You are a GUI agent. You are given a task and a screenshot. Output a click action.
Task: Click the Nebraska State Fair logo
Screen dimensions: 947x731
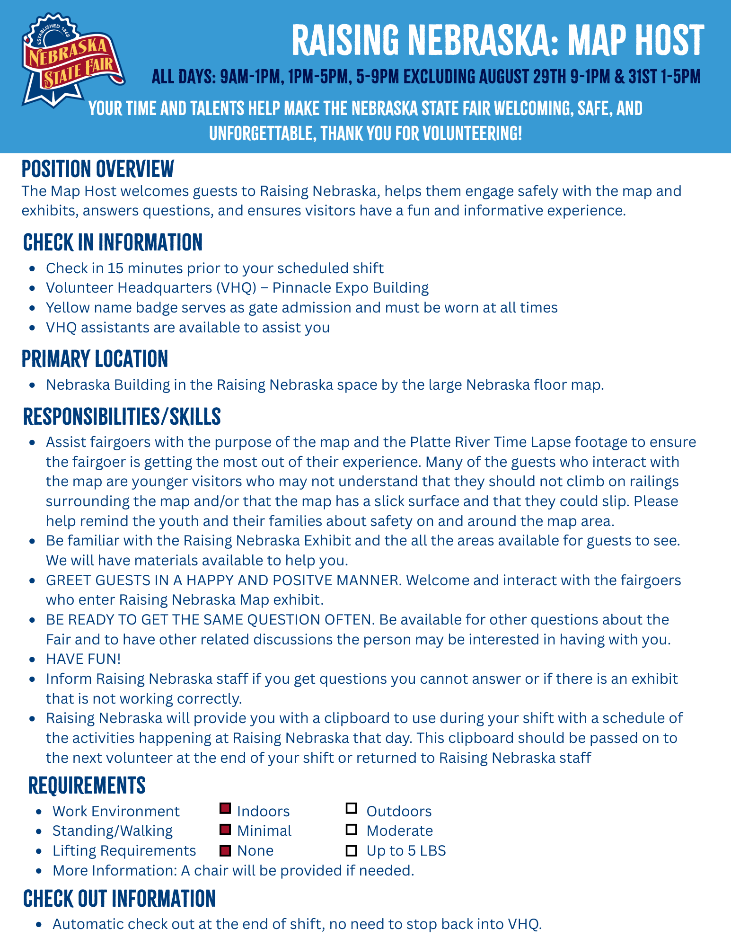point(72,60)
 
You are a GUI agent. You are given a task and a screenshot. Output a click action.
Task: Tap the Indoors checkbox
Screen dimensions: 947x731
point(225,808)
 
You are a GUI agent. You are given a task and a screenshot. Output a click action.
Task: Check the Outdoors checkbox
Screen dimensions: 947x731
point(351,808)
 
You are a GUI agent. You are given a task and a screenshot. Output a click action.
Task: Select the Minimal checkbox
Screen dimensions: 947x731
point(225,830)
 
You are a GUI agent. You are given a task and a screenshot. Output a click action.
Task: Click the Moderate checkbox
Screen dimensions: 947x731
point(351,830)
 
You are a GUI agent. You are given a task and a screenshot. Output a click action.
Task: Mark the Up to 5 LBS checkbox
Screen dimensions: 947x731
point(351,851)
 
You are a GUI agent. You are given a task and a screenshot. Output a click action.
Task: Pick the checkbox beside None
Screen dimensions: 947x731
point(225,851)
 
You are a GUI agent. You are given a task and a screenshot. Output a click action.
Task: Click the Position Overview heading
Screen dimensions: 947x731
point(98,169)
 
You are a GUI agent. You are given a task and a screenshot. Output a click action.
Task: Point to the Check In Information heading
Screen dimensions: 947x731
point(113,242)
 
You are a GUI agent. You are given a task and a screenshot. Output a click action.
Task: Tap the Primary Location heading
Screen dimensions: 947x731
point(95,359)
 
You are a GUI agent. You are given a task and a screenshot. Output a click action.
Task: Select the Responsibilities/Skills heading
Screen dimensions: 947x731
point(122,417)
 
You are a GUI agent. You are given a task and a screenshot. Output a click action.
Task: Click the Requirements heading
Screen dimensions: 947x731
point(87,785)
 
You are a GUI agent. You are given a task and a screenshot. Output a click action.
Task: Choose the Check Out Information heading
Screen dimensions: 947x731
point(119,899)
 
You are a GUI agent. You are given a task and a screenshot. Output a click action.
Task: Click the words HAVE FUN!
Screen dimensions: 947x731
point(83,659)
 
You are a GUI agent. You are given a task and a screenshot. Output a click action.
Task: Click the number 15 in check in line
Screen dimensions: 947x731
point(115,268)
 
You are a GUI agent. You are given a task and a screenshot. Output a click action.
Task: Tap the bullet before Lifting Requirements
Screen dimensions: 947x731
point(39,851)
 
